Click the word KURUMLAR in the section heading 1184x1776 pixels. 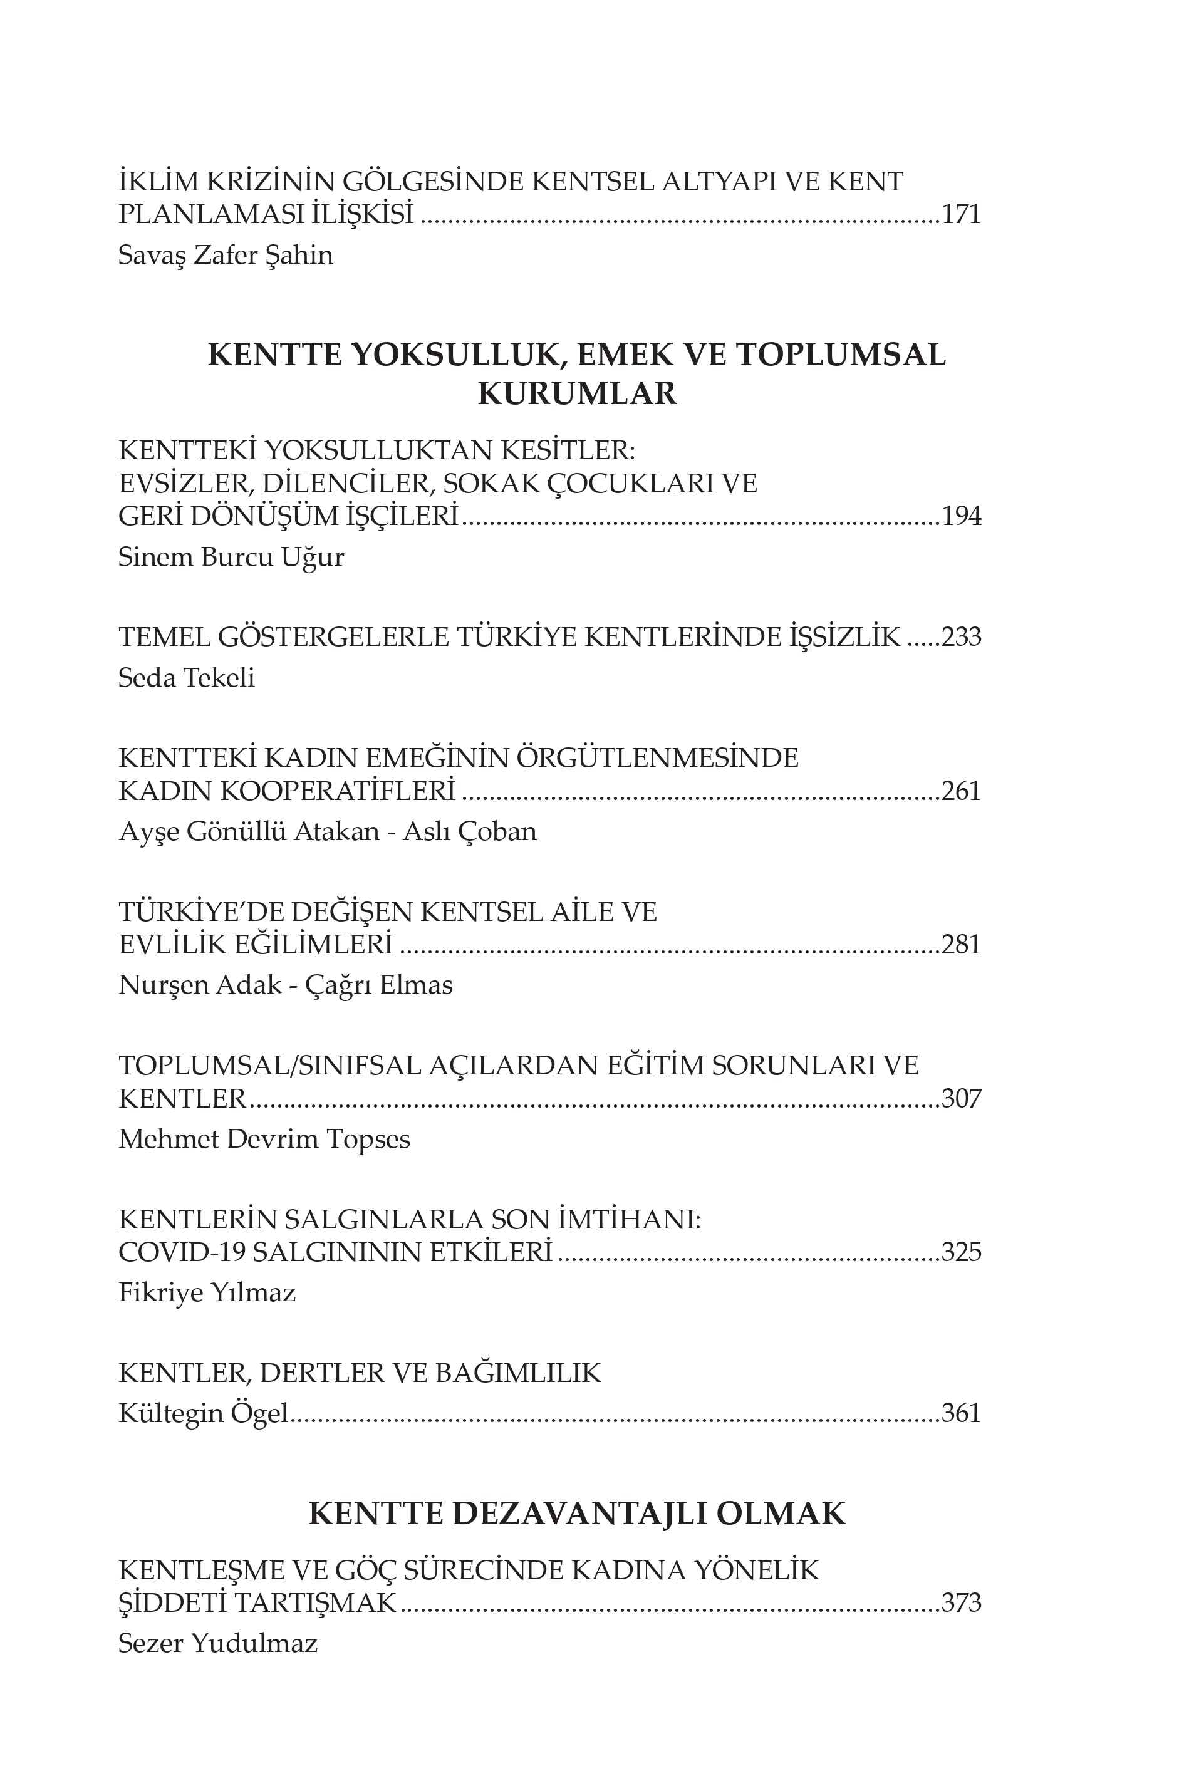point(577,393)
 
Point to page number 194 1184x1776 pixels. point(960,516)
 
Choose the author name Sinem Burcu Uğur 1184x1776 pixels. point(231,558)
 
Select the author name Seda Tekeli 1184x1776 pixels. point(187,678)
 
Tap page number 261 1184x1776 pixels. point(960,791)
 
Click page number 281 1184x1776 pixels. point(960,945)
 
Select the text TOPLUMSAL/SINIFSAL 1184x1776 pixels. point(269,1066)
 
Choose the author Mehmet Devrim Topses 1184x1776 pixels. point(264,1139)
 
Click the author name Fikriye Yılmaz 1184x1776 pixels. point(207,1293)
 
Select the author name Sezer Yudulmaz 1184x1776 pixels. point(217,1644)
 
